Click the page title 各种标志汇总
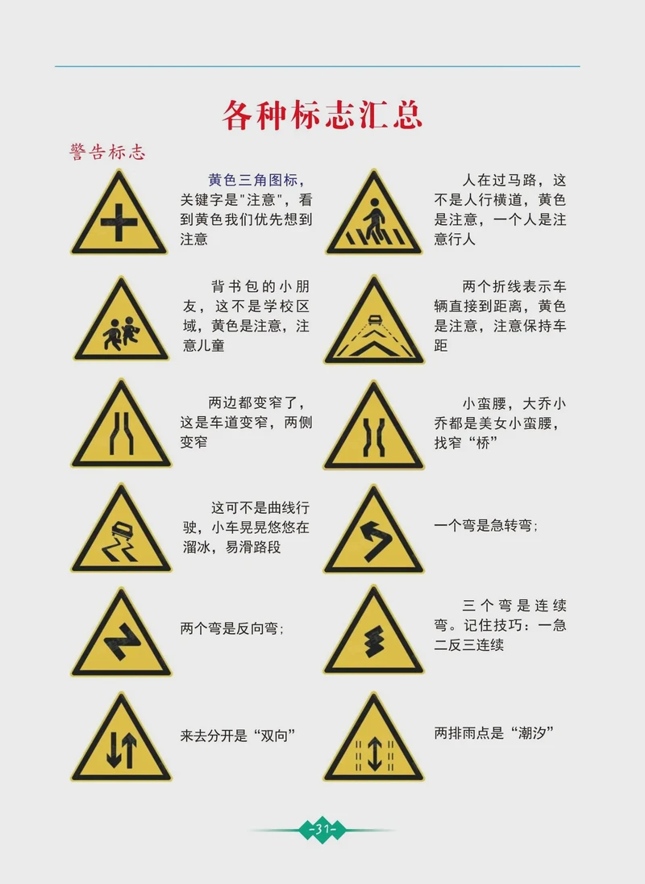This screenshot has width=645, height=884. click(x=322, y=115)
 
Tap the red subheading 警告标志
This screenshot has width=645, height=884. click(x=107, y=152)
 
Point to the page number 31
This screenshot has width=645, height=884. click(x=322, y=830)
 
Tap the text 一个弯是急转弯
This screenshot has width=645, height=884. click(x=485, y=525)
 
